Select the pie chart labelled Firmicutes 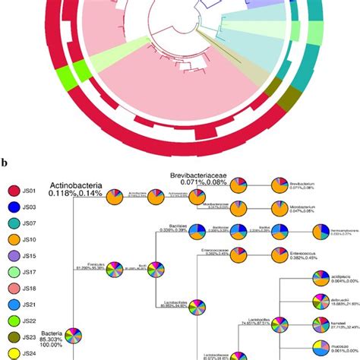[115, 269]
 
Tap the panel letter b [5, 163]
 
